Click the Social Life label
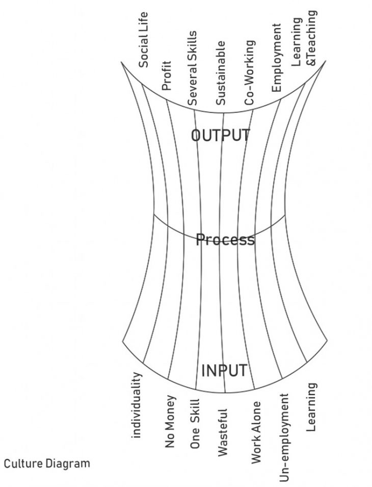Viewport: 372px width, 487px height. coord(144,40)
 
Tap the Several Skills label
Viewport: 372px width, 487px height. coord(193,68)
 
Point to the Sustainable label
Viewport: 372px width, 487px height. coord(221,73)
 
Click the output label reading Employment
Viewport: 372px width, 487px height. coord(277,57)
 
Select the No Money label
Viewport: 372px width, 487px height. coord(171,422)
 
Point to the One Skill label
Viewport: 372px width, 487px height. coord(195,424)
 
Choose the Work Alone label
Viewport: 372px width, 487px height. coord(256,432)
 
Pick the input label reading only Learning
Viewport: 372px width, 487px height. coord(312,407)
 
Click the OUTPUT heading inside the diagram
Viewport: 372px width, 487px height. coord(221,135)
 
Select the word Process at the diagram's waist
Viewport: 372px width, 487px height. coord(225,239)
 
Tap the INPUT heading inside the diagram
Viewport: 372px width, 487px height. coord(224,371)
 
